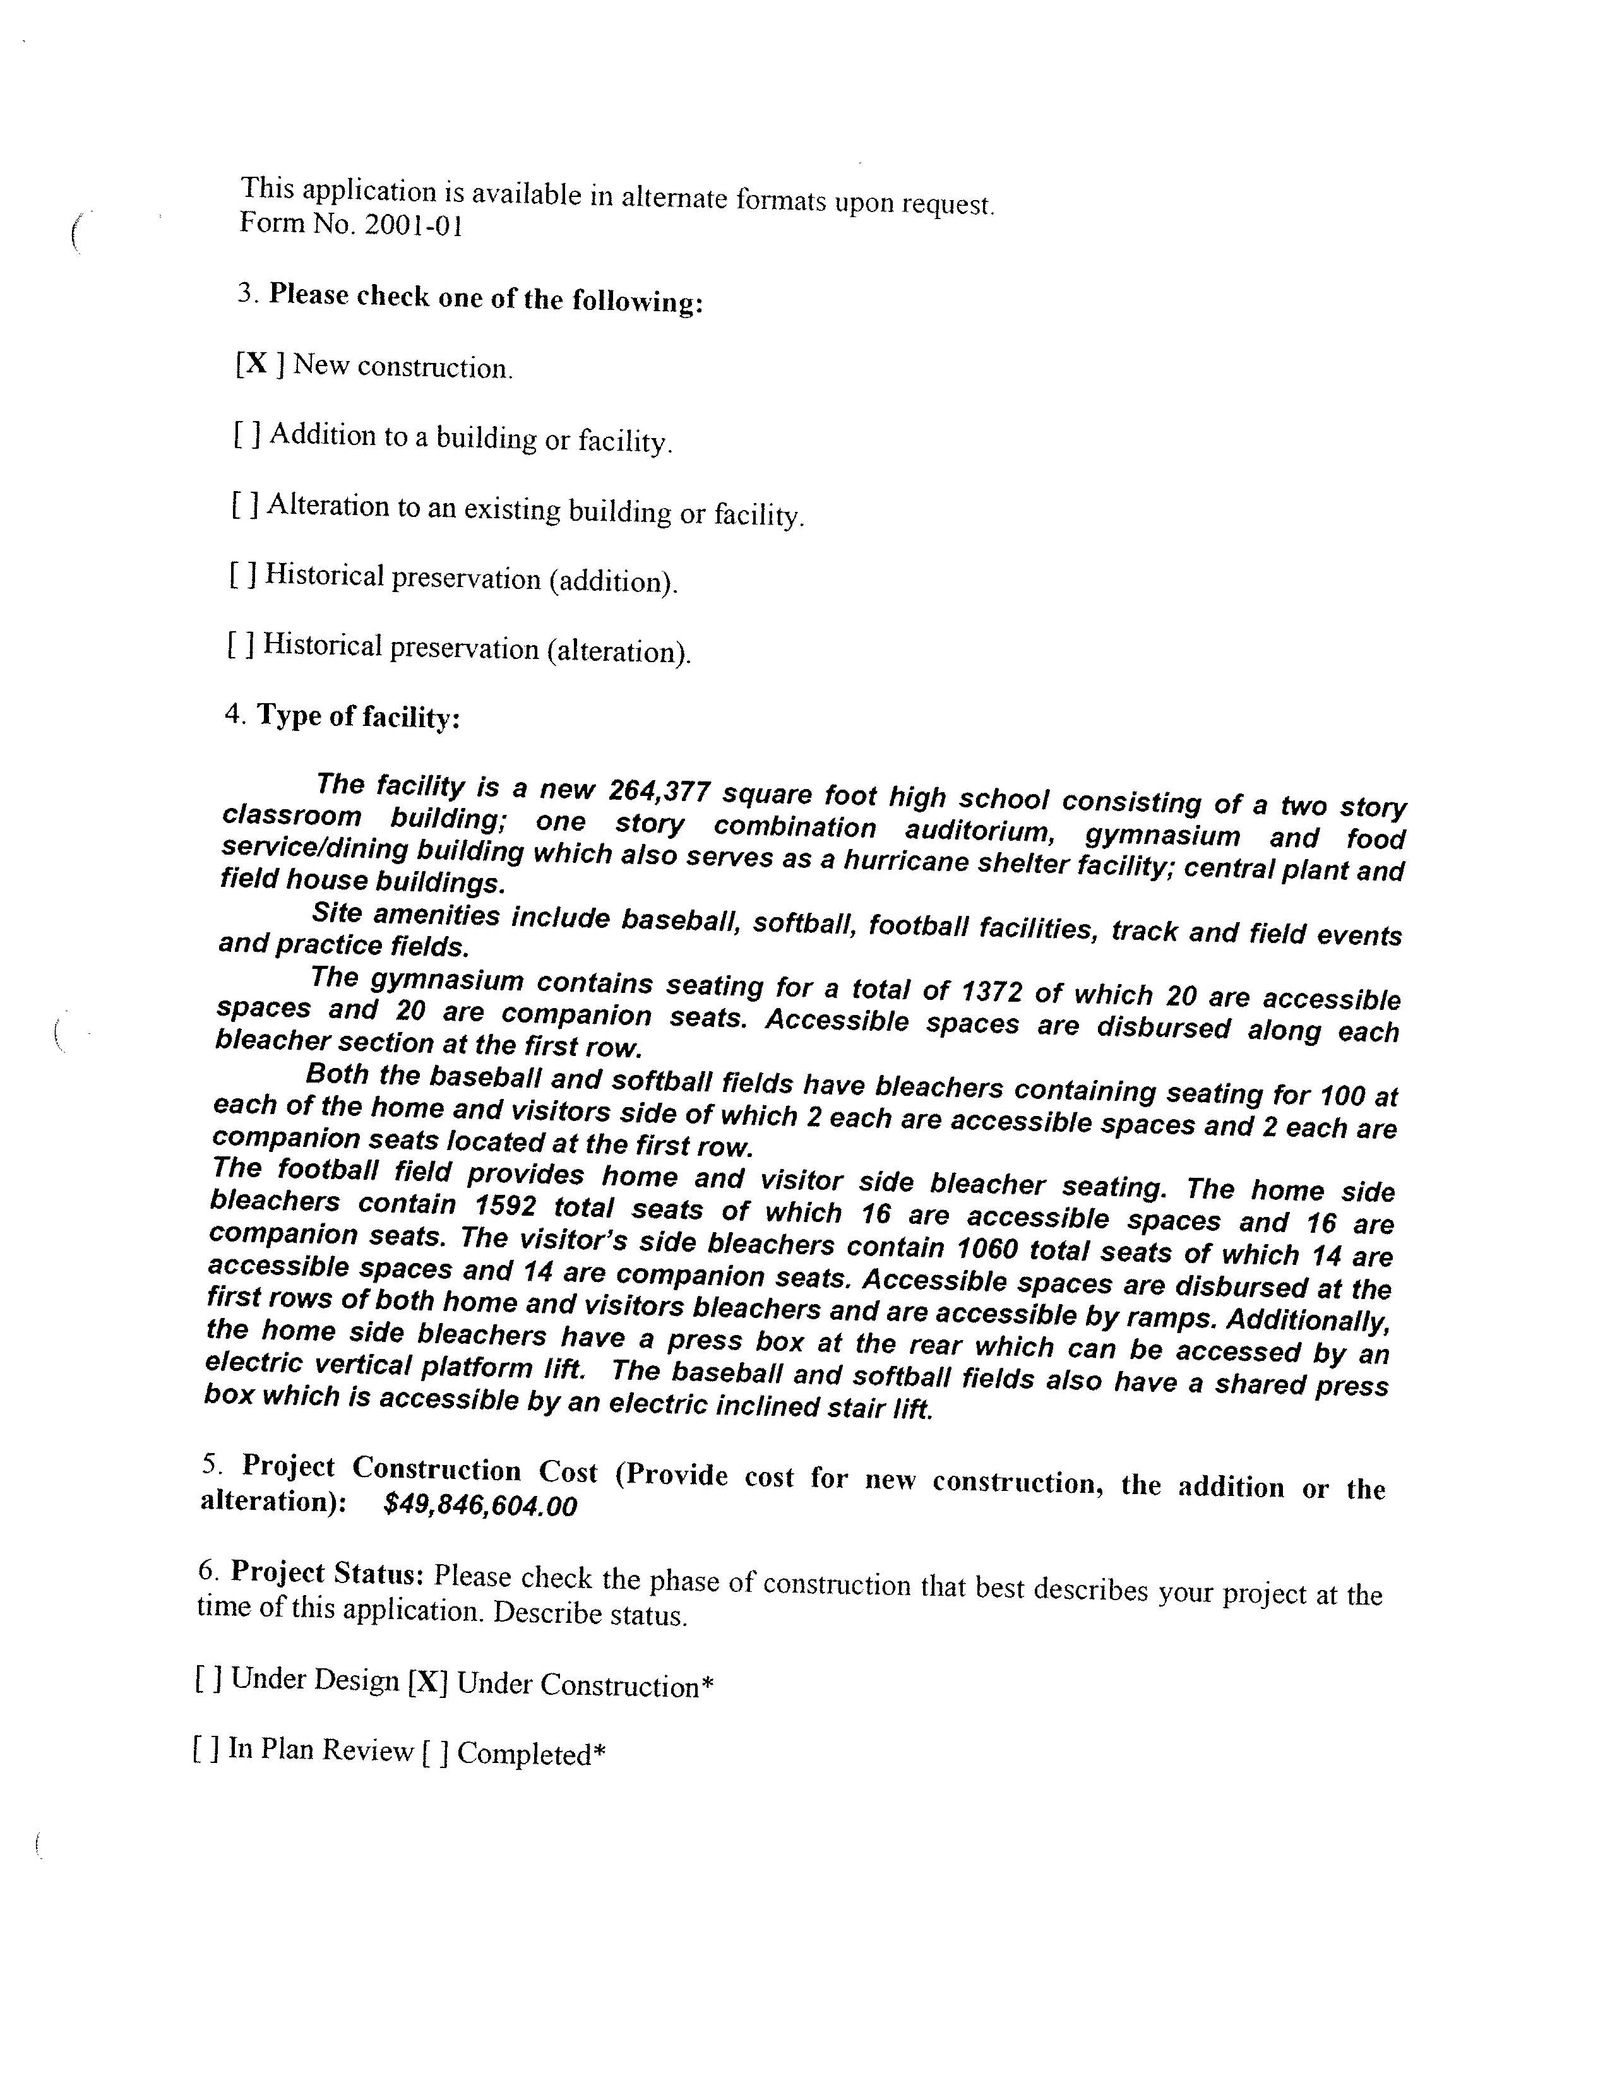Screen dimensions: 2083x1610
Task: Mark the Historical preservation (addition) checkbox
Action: click(x=242, y=574)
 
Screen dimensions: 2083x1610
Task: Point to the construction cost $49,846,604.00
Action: click(x=480, y=1505)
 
